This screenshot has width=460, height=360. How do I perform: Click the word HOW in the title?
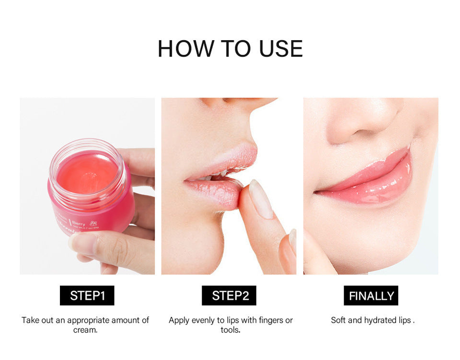coord(186,49)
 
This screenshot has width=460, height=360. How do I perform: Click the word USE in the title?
coord(281,49)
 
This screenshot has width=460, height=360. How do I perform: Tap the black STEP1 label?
coord(87,296)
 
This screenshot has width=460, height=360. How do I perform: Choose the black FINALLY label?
coord(371,296)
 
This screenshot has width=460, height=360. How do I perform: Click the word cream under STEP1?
coord(85,330)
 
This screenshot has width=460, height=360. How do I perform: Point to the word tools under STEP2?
coord(230,330)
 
